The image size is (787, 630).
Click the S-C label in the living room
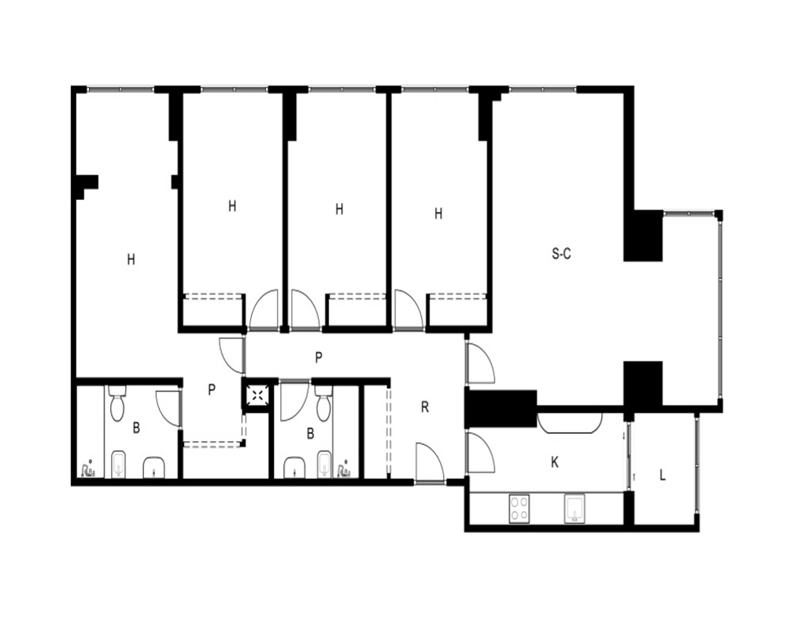coord(561,254)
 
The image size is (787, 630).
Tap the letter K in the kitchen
coord(555,462)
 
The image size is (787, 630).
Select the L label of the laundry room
coord(663,476)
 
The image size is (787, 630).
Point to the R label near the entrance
coord(425,407)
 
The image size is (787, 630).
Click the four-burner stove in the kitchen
coord(519,509)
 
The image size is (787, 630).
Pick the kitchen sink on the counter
coord(574,509)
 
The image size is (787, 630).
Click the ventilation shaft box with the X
coord(258,395)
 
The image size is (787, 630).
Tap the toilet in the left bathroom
coord(117,403)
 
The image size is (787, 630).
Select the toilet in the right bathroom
coord(323,403)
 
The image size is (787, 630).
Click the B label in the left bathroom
coord(136,428)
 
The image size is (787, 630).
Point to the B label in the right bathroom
coord(310,433)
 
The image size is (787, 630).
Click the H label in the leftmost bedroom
coord(131,259)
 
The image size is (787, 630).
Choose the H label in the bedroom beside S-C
coord(438,214)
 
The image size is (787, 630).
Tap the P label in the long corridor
coord(318,358)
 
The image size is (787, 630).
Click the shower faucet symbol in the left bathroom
coord(88,469)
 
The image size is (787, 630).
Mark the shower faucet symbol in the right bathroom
coord(345,469)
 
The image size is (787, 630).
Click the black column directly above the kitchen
coord(501,408)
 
